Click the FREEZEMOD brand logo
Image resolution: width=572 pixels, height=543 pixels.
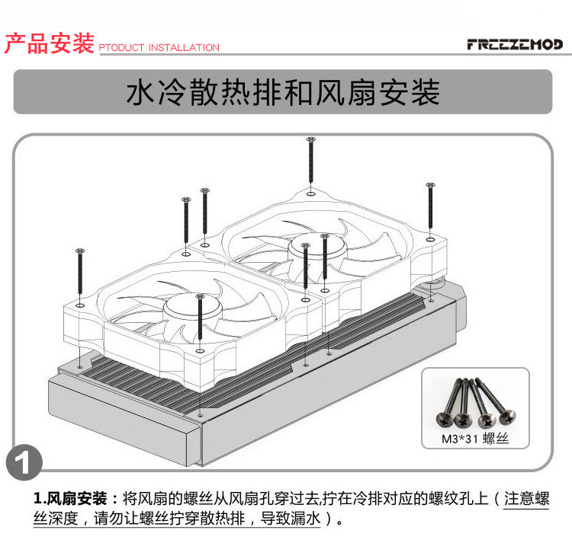(x=515, y=44)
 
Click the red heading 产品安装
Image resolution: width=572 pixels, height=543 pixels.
(x=50, y=43)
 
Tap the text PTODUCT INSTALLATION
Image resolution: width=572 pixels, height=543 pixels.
(x=159, y=47)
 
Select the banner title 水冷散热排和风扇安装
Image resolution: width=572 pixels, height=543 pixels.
(x=283, y=92)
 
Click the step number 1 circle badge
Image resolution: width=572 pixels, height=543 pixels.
(x=24, y=462)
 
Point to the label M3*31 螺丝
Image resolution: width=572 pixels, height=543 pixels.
(x=475, y=439)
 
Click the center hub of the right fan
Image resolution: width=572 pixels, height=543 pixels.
(x=317, y=250)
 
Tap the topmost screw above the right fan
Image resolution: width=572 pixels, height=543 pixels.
(x=311, y=159)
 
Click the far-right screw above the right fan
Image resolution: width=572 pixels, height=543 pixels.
(x=430, y=206)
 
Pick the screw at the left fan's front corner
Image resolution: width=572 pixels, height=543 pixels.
(x=200, y=317)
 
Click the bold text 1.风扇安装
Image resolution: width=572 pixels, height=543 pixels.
(x=70, y=498)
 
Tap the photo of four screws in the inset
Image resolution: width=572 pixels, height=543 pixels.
(x=476, y=402)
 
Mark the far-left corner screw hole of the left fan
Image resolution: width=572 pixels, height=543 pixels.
(x=80, y=305)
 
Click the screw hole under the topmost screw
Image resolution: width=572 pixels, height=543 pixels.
(x=311, y=193)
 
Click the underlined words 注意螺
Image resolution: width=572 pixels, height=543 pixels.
(x=526, y=498)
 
